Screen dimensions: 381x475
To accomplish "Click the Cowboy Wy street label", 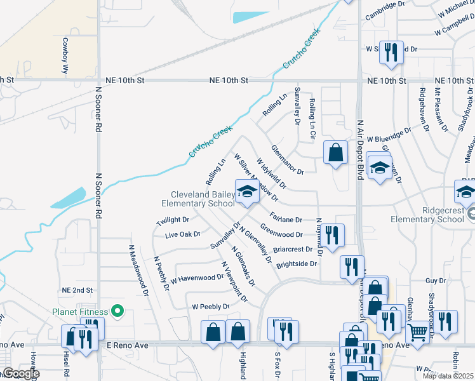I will (64, 57).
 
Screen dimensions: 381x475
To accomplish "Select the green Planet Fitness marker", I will (117, 311).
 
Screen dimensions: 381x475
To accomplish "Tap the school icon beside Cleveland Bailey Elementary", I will (246, 192).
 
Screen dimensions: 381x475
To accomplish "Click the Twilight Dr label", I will (173, 220).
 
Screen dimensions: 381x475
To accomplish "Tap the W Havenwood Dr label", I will (197, 277).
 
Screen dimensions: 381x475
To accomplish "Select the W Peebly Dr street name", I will (210, 307).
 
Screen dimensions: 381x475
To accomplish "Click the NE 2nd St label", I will (77, 290).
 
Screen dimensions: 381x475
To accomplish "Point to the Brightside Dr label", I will (296, 264).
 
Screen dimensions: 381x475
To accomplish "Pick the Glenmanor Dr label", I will (288, 159).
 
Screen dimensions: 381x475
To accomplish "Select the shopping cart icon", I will (417, 331).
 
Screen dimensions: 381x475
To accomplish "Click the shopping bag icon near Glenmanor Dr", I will (335, 152).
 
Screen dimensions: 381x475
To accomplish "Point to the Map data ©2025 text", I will (448, 376).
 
